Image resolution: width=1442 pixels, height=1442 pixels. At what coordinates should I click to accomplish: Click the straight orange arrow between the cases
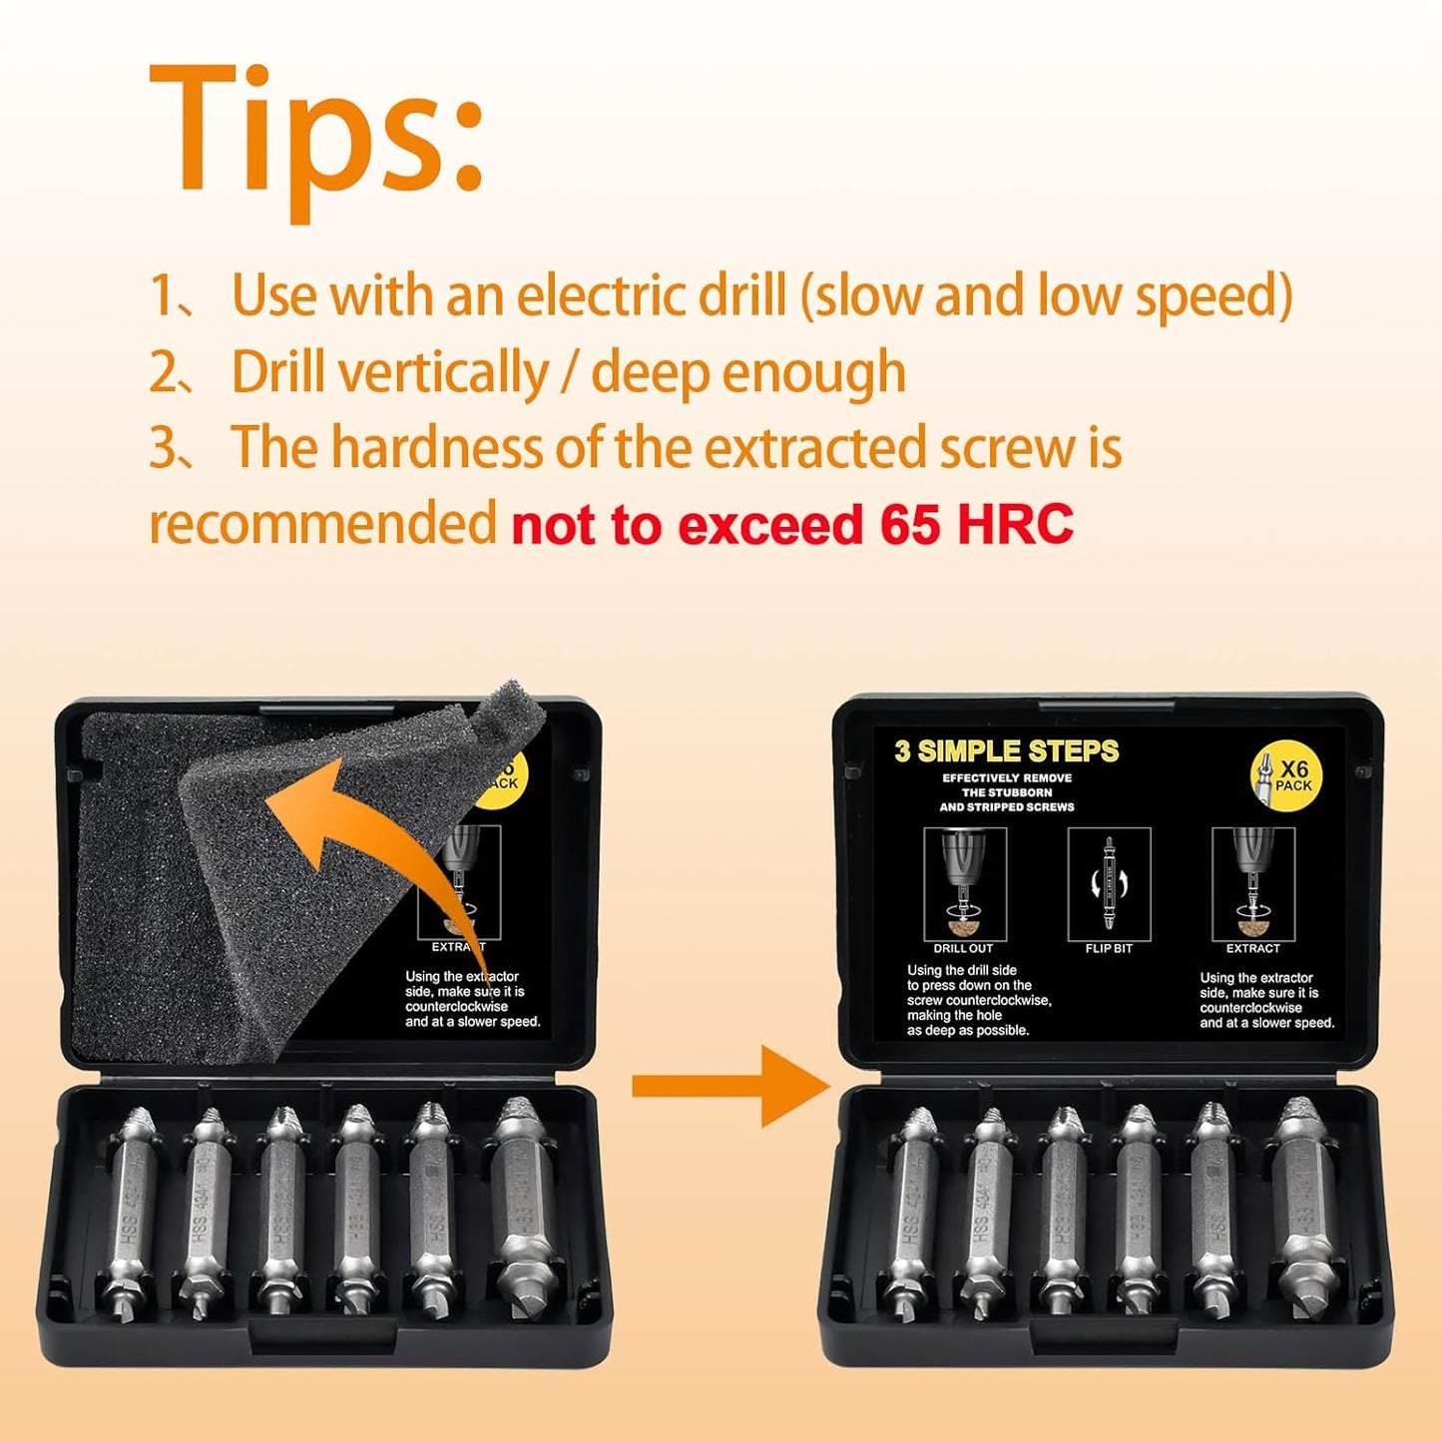click(728, 1086)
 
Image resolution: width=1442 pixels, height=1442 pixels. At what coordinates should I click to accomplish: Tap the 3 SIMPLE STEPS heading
click(1006, 751)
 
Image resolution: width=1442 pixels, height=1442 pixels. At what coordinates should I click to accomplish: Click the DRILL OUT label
click(963, 948)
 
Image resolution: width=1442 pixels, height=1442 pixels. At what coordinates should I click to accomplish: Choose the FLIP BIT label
click(1109, 948)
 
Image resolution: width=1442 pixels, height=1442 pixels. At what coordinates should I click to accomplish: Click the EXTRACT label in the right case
click(1252, 948)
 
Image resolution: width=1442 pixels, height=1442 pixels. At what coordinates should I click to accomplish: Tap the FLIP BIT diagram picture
click(1109, 883)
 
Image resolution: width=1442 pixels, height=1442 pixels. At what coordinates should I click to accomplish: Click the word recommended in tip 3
click(322, 523)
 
